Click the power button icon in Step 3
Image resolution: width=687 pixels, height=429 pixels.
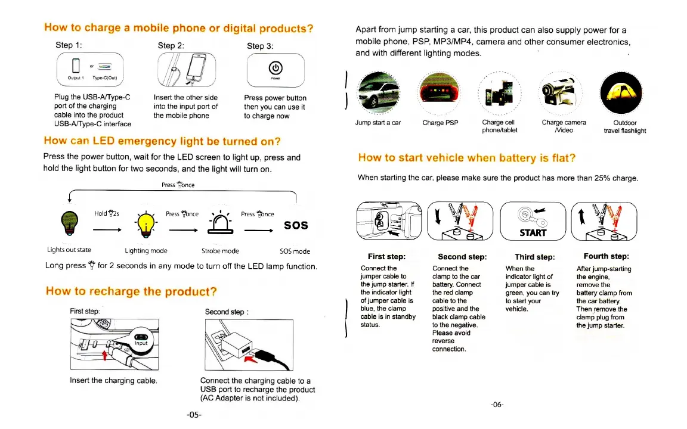[276, 67]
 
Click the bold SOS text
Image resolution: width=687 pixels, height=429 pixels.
[296, 225]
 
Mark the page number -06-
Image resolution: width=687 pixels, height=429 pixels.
[497, 405]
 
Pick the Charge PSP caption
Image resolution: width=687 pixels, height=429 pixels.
[440, 123]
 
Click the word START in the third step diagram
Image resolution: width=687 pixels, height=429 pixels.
[533, 232]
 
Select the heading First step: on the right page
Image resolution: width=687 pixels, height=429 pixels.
[386, 257]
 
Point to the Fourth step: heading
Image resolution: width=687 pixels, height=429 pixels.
[606, 256]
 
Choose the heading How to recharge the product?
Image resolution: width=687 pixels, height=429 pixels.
[131, 291]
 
